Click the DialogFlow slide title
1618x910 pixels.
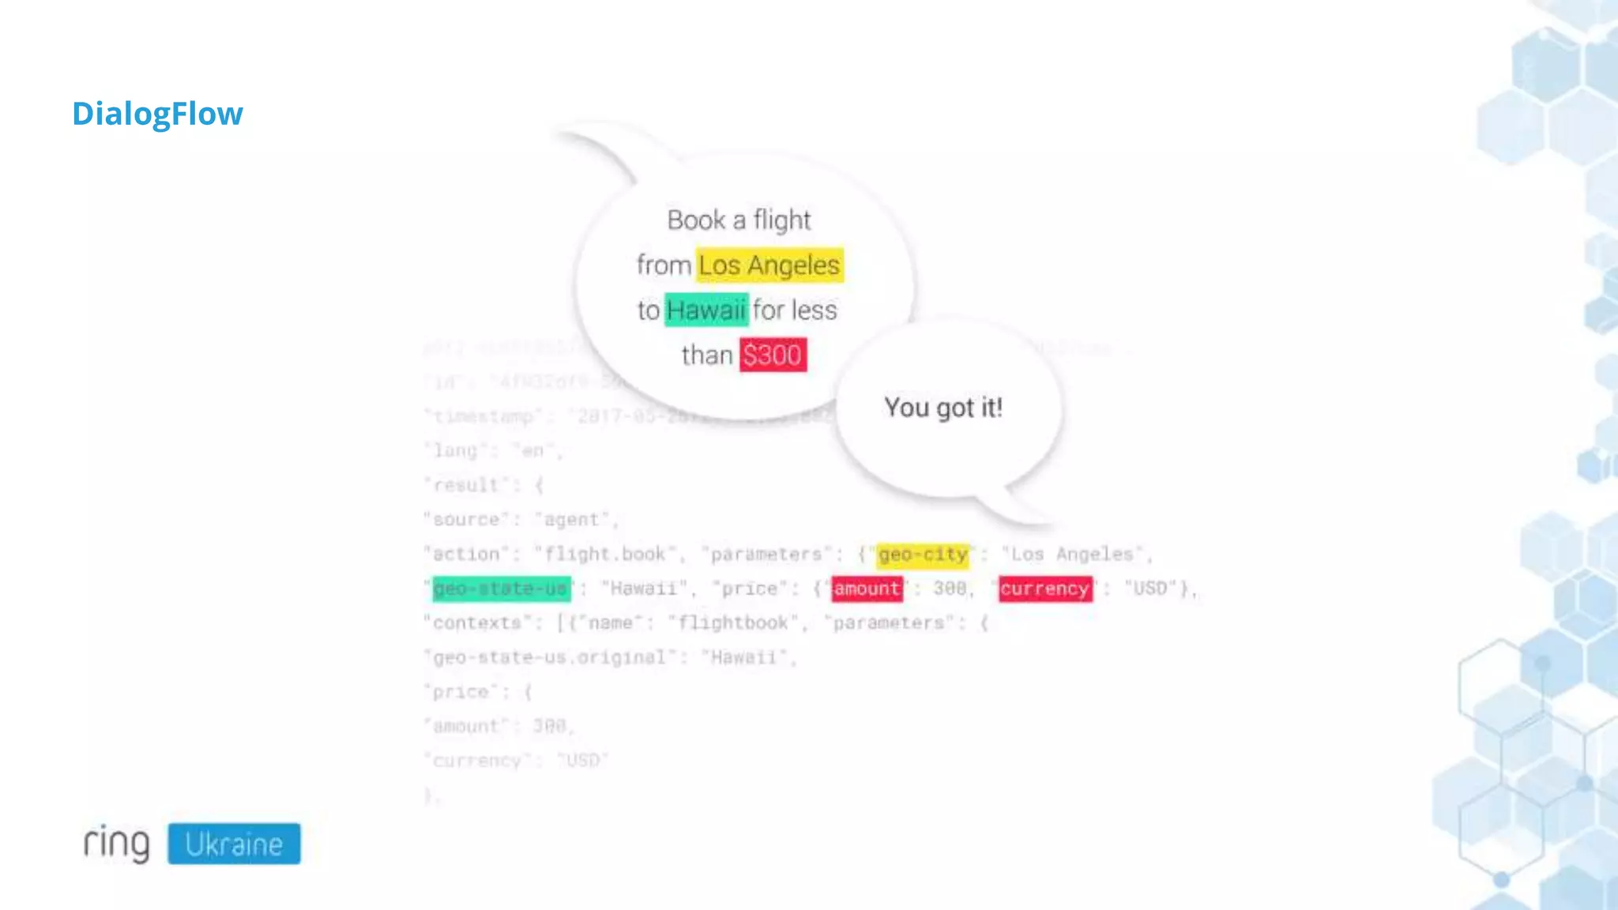157,114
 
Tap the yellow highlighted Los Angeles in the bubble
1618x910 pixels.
769,265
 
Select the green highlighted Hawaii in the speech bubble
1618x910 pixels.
706,310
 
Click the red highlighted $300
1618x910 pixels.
773,355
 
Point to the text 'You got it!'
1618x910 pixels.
943,408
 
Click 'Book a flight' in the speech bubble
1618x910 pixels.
739,220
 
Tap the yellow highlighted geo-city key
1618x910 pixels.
923,555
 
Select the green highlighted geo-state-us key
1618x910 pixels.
501,589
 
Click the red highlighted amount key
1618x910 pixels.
867,589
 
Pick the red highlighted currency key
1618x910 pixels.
1045,589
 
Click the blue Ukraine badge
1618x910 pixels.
234,844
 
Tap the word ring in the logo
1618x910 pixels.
117,843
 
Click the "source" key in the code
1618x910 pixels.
466,520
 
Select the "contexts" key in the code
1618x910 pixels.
477,623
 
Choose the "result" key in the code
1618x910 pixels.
466,485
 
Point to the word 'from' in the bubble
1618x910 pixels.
664,265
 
